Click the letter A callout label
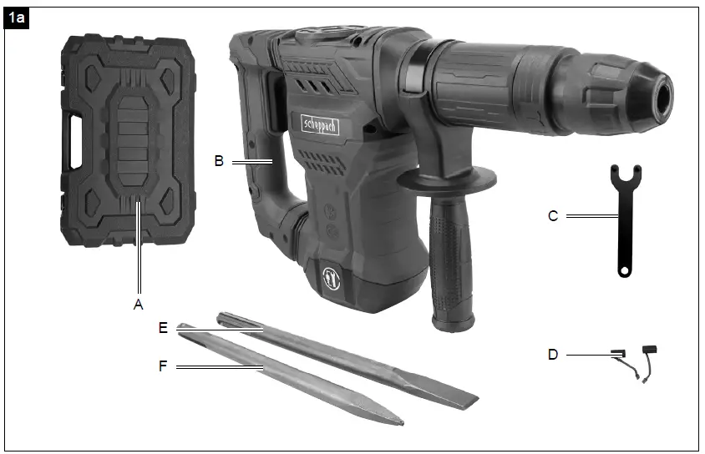click(x=139, y=305)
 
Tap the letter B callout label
click(x=219, y=161)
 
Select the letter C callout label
click(x=553, y=215)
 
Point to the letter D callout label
click(x=553, y=355)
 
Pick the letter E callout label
click(x=164, y=328)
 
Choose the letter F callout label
click(x=164, y=366)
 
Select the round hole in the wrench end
click(x=623, y=270)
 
